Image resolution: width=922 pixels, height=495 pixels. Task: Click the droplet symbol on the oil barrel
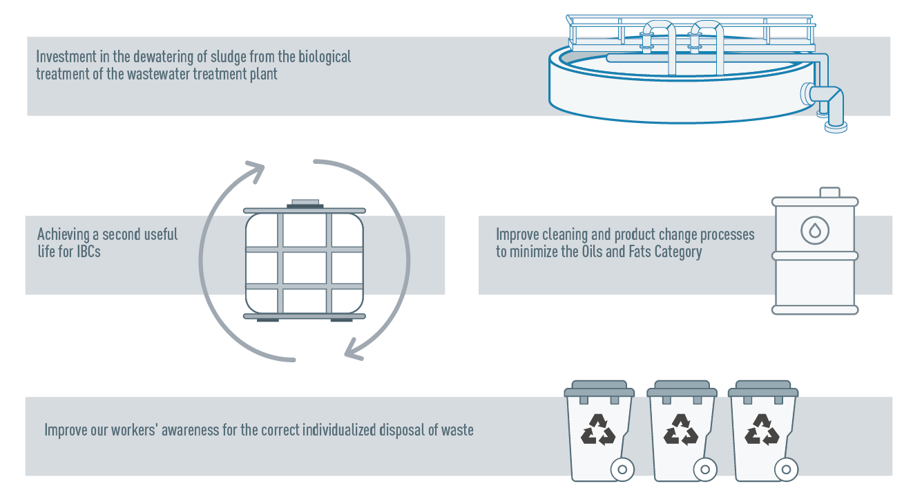coord(815,230)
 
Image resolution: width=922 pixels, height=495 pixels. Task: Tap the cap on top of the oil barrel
coord(829,192)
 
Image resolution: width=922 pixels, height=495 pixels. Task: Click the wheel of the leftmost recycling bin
coord(622,469)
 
